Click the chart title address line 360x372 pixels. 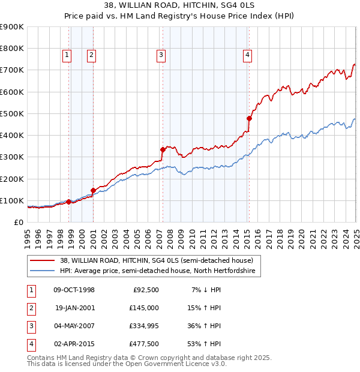click(x=179, y=7)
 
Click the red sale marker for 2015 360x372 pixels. click(x=249, y=118)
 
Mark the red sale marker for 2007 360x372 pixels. click(x=163, y=149)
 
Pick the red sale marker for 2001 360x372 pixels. click(x=93, y=191)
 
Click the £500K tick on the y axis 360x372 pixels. click(x=12, y=113)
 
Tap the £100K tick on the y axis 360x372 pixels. click(x=12, y=200)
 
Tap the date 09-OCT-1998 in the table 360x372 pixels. click(x=74, y=290)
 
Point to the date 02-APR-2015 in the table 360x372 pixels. click(x=74, y=344)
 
